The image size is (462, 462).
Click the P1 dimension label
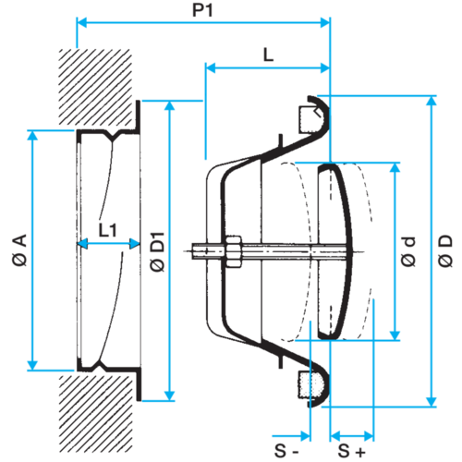[202, 10]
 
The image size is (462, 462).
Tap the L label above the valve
[268, 55]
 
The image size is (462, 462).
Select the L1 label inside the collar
[107, 230]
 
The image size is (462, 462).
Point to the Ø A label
[19, 249]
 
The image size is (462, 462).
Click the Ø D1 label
[157, 251]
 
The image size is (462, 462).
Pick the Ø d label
[408, 251]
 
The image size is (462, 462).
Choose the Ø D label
[445, 250]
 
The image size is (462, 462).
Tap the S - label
[286, 451]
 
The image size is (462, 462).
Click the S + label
[351, 451]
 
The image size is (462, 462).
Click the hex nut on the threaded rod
[234, 251]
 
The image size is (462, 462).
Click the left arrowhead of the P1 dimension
[81, 22]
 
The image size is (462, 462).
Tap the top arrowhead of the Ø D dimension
[432, 101]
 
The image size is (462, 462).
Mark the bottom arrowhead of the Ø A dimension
[32, 365]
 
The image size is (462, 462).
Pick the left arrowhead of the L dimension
[211, 68]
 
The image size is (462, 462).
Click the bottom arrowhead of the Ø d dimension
[395, 335]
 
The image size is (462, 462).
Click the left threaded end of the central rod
[199, 251]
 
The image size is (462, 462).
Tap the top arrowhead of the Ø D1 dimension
[170, 105]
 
